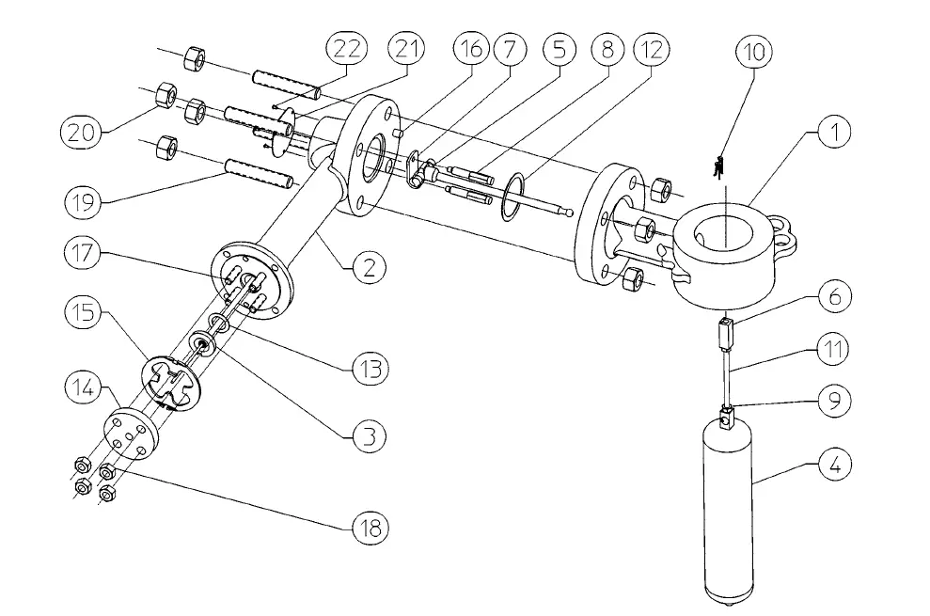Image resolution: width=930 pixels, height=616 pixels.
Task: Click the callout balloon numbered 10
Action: click(x=755, y=52)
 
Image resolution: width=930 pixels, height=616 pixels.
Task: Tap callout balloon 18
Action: click(x=369, y=528)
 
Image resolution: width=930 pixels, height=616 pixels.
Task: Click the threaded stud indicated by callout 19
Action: click(x=258, y=176)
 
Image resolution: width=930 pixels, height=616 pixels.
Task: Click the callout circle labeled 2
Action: click(x=369, y=267)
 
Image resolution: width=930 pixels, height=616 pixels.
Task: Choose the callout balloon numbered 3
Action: click(x=369, y=435)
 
